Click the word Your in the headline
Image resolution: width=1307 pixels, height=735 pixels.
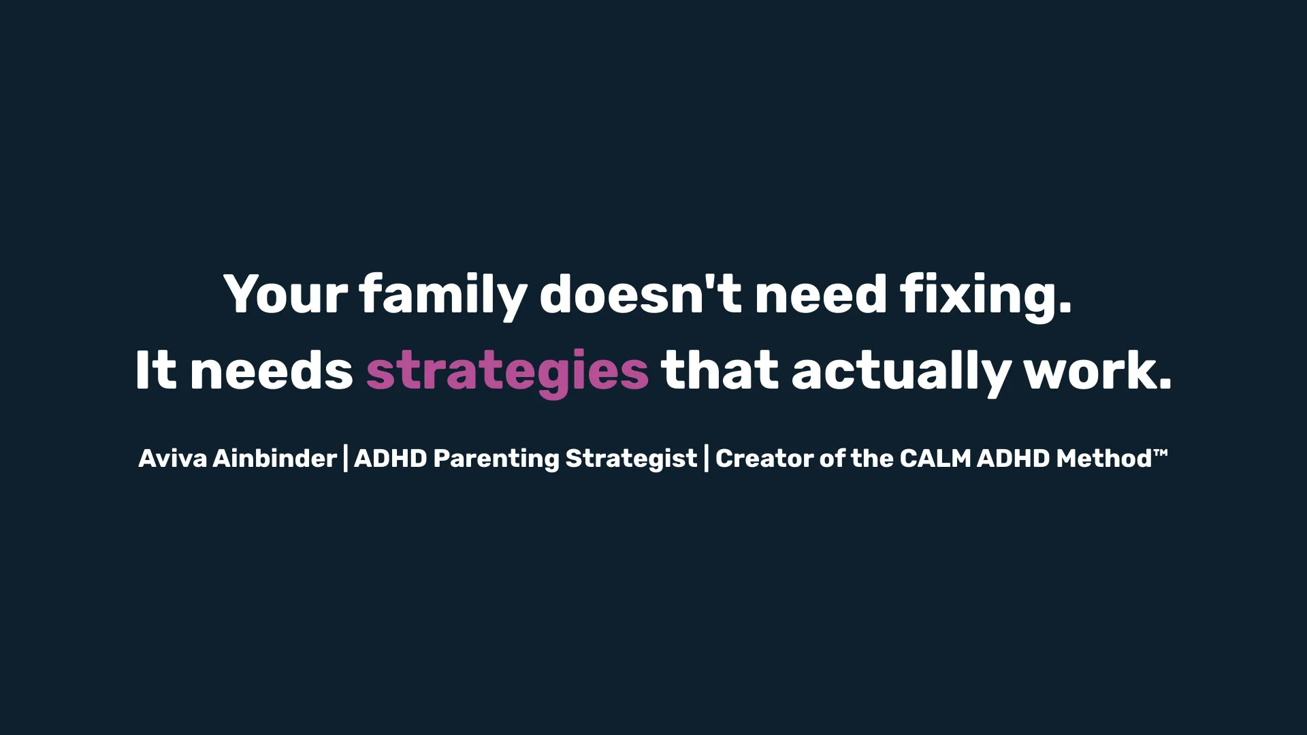click(286, 294)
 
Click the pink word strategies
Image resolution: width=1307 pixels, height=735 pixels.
click(507, 372)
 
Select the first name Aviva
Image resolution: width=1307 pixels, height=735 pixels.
click(172, 459)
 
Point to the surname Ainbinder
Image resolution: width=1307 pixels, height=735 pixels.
click(275, 459)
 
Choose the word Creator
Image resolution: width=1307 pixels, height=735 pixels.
click(764, 459)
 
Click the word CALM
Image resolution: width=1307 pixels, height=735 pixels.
click(935, 459)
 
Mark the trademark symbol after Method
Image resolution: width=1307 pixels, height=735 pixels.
click(1161, 453)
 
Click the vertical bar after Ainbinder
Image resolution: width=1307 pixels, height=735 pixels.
click(346, 459)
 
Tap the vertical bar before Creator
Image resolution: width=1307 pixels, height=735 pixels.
click(707, 459)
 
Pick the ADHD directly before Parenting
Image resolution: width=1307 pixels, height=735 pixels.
click(391, 459)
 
